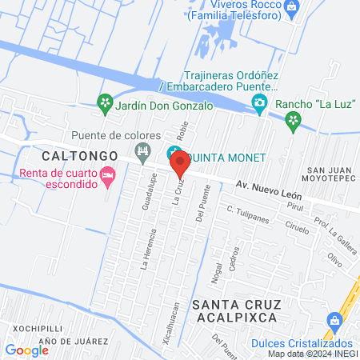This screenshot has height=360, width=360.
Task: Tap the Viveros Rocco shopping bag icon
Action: pyautogui.click(x=291, y=8)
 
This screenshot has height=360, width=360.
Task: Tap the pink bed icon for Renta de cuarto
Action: pyautogui.click(x=107, y=175)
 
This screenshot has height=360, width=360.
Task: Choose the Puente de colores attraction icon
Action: pyautogui.click(x=143, y=150)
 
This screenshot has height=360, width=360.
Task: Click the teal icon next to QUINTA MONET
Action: pyautogui.click(x=173, y=154)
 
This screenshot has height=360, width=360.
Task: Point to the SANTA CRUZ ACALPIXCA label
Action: pyautogui.click(x=234, y=310)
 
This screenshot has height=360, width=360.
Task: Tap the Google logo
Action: pyautogui.click(x=26, y=350)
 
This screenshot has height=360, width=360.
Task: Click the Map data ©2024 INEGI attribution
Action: pyautogui.click(x=313, y=354)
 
